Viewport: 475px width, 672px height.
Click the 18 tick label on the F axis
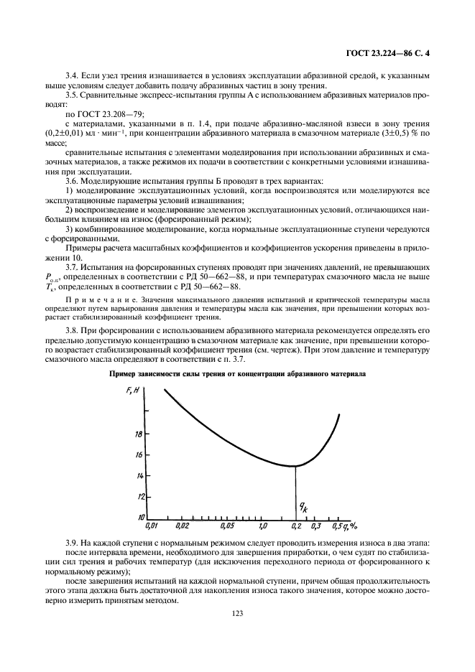[139, 434]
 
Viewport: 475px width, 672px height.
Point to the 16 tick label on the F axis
[139, 455]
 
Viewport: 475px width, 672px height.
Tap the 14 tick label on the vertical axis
[139, 476]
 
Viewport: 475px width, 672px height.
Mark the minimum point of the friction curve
[295, 467]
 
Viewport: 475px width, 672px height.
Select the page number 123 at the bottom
[238, 613]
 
